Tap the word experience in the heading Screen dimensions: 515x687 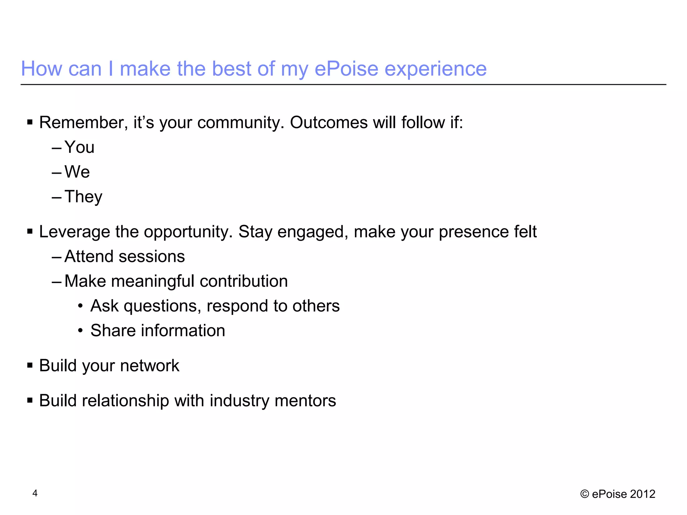coord(435,70)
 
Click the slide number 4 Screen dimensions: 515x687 coord(35,493)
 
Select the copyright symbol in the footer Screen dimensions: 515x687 coord(584,494)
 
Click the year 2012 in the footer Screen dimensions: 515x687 coord(642,494)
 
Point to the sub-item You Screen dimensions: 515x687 coord(79,147)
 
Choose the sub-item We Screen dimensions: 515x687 coord(77,172)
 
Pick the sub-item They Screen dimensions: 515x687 coord(83,197)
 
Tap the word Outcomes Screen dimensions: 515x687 coord(329,123)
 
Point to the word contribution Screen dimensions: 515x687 coord(244,281)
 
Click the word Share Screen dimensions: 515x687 coord(113,331)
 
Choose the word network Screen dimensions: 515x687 coord(150,366)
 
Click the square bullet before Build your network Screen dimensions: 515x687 coord(30,365)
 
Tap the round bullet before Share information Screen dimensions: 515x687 coord(80,331)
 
